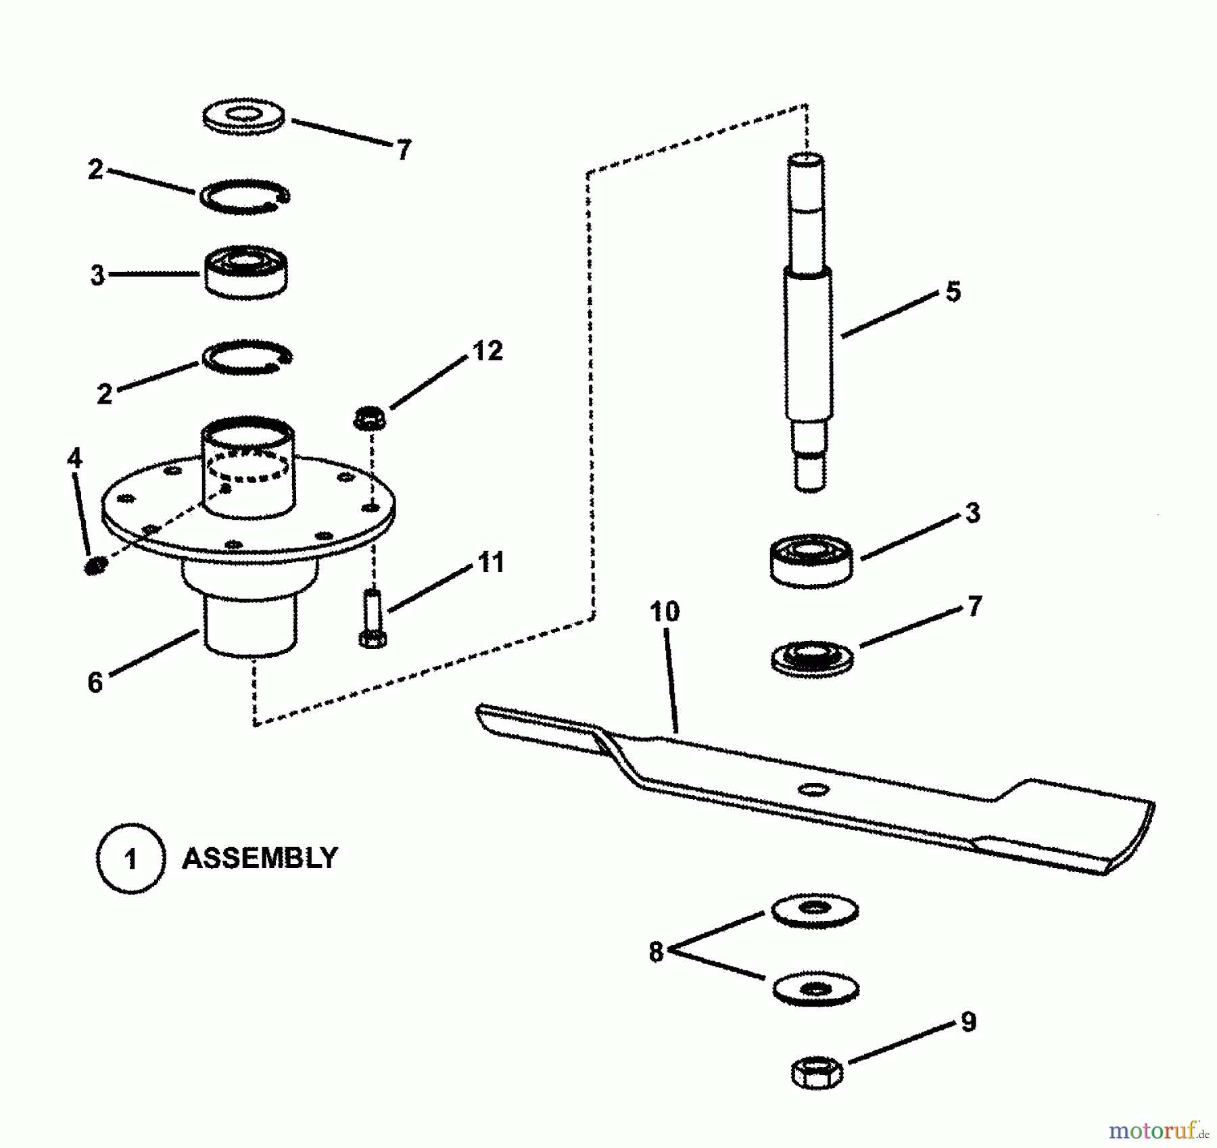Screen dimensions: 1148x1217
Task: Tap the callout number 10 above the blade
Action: click(x=664, y=612)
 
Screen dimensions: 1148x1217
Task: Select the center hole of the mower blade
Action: click(x=813, y=789)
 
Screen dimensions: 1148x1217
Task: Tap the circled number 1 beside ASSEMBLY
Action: click(x=131, y=859)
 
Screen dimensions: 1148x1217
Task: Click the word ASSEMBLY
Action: click(x=260, y=859)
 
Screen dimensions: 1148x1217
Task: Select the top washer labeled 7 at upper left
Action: click(x=243, y=117)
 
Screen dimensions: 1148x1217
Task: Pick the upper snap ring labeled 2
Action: click(x=245, y=197)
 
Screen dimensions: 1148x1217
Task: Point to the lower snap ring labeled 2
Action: click(x=247, y=357)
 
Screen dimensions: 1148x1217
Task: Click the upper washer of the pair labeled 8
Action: click(x=815, y=910)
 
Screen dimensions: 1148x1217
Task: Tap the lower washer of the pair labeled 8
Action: click(x=815, y=989)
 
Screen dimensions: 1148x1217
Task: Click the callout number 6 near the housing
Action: click(x=95, y=682)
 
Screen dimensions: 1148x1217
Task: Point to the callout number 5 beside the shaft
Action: click(x=953, y=292)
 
